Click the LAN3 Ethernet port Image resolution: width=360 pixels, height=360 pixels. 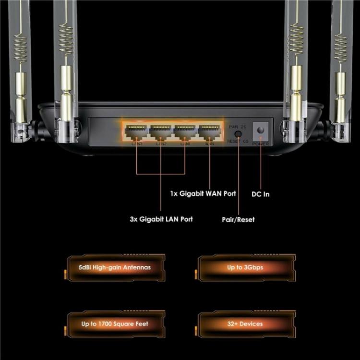point(136,131)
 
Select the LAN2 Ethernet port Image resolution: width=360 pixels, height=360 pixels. point(161,131)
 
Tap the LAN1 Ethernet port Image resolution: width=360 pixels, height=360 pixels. point(185,131)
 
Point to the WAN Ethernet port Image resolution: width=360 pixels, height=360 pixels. point(210,131)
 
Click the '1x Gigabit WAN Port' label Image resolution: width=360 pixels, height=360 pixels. point(203,194)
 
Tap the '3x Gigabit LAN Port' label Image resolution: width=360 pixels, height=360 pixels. point(161,219)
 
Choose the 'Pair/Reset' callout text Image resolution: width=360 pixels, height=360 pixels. point(238,219)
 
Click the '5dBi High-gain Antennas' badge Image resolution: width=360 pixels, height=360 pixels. point(115,267)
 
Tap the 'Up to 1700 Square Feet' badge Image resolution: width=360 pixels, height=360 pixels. point(115,324)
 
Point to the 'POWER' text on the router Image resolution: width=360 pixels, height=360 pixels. point(261,144)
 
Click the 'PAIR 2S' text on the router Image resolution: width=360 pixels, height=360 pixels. point(238,126)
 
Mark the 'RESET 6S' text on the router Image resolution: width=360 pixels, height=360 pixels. point(238,142)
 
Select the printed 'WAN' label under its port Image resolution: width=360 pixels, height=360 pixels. point(209,143)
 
